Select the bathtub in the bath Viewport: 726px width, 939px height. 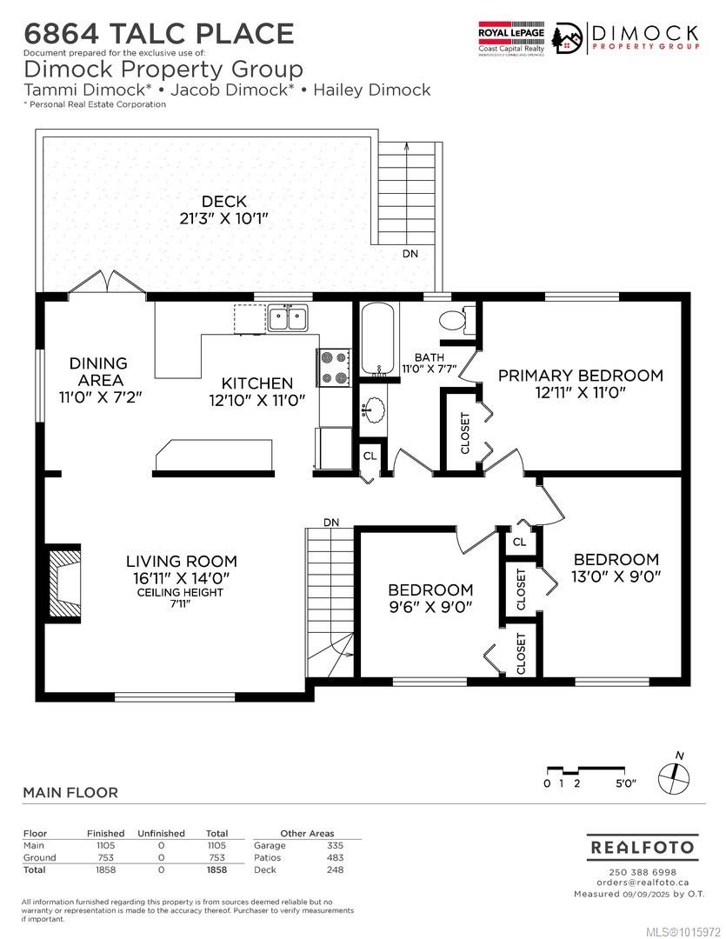[377, 339]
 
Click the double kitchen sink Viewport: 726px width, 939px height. [287, 318]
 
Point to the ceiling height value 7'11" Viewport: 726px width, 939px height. [180, 604]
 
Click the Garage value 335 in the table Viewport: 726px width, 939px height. [335, 845]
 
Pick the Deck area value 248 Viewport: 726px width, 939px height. [335, 869]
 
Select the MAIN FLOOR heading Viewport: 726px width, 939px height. [70, 792]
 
